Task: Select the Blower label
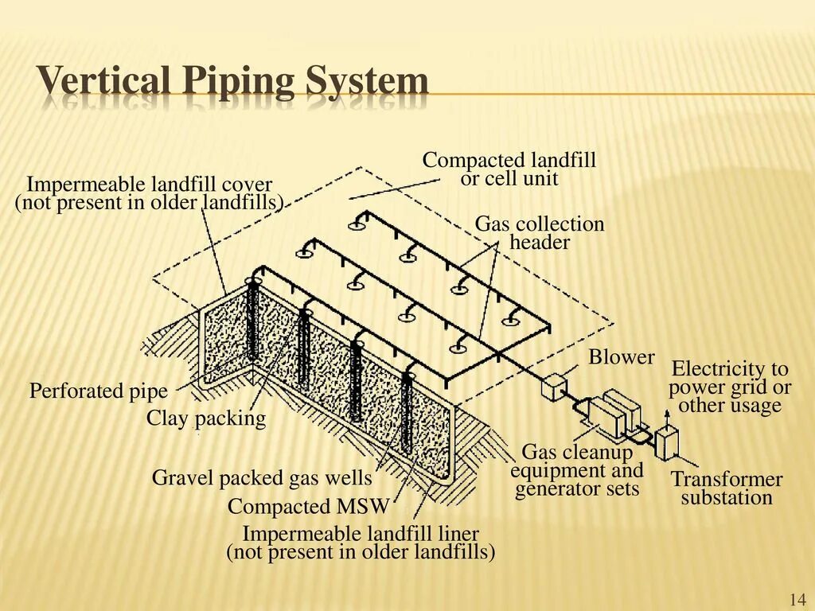click(621, 358)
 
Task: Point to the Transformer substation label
click(727, 488)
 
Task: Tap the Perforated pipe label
click(99, 391)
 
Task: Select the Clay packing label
click(206, 418)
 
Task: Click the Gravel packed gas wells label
click(262, 478)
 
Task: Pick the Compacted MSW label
click(308, 507)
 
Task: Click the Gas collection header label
click(540, 233)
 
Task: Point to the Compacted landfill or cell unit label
click(509, 169)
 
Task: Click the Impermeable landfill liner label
click(361, 542)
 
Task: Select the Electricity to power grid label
click(730, 387)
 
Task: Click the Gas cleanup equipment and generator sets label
click(577, 470)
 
